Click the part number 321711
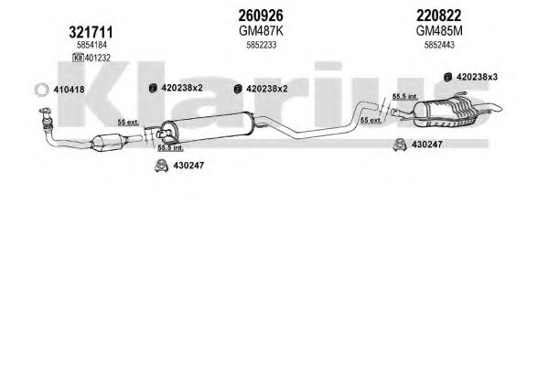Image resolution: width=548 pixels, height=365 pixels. coord(91,33)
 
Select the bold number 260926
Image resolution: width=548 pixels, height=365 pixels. coord(261,16)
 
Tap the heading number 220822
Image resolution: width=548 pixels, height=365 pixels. coord(438,16)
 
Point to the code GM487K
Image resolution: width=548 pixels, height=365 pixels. coord(261,31)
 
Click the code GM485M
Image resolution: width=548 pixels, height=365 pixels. coord(439,31)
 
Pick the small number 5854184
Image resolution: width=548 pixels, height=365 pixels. coord(91,45)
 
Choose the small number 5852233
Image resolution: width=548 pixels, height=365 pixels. coord(262,45)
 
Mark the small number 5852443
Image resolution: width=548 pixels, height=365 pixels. coord(439,45)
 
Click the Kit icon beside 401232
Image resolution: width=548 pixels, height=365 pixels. coord(78,58)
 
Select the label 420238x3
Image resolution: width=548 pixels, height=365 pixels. coord(477,77)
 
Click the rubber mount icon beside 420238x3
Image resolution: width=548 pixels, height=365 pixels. coord(447,77)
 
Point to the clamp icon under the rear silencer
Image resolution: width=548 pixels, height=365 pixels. coord(400,145)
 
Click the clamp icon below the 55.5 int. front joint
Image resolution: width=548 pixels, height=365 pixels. coord(161,166)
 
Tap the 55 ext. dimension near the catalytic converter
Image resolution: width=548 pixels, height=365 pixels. coord(128,122)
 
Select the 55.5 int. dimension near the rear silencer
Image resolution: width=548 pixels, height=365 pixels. coord(404,96)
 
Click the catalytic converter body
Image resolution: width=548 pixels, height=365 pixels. coord(108,143)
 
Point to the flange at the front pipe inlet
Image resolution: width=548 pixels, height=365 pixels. coord(45,112)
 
